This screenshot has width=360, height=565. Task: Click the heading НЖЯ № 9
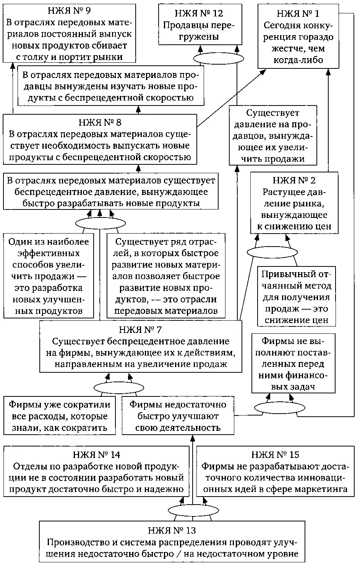click(x=70, y=11)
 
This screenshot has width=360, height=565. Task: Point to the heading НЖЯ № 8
click(x=100, y=123)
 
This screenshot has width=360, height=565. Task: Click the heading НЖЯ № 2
click(x=294, y=180)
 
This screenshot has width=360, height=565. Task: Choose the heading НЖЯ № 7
click(x=141, y=330)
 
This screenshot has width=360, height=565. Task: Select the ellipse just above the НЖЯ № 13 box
click(x=188, y=510)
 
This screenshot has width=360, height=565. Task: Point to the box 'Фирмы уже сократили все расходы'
click(x=60, y=416)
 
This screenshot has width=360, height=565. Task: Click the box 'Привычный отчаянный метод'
click(x=296, y=297)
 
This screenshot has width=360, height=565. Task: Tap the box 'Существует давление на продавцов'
click(x=272, y=136)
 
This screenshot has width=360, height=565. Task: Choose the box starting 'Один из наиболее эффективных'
click(x=49, y=276)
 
